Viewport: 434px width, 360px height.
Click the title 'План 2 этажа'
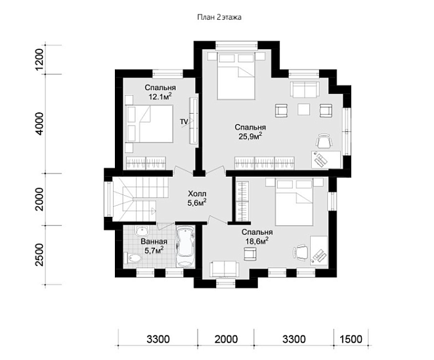click(x=219, y=18)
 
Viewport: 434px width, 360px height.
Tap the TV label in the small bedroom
click(x=184, y=122)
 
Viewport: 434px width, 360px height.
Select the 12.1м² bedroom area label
click(x=160, y=92)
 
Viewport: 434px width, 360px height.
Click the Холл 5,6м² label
click(x=197, y=198)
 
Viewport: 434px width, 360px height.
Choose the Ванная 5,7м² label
click(x=154, y=246)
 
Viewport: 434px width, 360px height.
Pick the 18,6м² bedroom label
click(x=257, y=236)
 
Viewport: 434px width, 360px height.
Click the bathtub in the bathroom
click(x=186, y=246)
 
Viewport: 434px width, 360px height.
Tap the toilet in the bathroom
click(x=133, y=258)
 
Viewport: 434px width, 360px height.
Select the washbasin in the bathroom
click(x=143, y=231)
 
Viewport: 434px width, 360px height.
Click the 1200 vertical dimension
click(x=39, y=60)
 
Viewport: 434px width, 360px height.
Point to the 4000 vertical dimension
click(x=39, y=124)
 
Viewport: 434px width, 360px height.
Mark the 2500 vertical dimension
click(x=39, y=255)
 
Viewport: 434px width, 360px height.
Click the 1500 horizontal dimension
click(x=351, y=339)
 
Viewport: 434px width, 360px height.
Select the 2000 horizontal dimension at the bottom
click(x=226, y=339)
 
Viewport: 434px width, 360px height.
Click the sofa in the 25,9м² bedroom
click(x=304, y=89)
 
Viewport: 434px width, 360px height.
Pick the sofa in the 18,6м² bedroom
click(x=224, y=269)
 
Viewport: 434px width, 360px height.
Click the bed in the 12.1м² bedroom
click(x=149, y=124)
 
